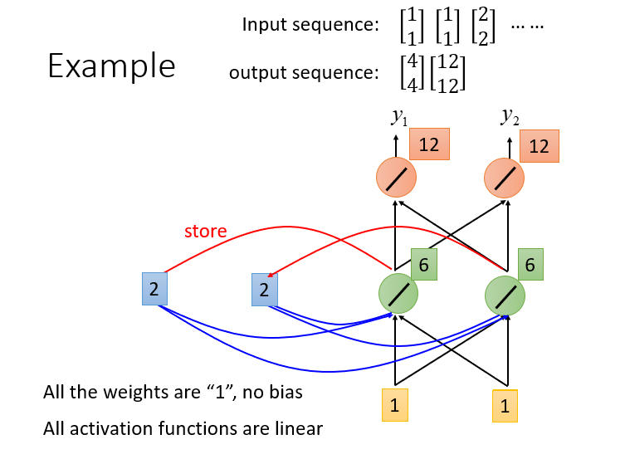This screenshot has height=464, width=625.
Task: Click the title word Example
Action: [x=111, y=66]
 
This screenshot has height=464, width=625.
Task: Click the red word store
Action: [x=205, y=232]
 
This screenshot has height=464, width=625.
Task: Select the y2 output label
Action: [x=510, y=116]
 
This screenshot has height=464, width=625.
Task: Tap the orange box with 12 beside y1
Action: [x=429, y=144]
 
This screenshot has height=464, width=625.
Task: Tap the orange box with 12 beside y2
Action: [x=540, y=146]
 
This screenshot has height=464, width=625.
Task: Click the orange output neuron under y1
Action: [x=396, y=178]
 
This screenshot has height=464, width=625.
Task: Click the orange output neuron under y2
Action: [x=504, y=178]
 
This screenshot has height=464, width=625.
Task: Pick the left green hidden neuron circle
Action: [x=398, y=294]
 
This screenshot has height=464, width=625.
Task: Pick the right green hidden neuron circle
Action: [x=505, y=295]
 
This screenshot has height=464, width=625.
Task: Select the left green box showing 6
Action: [x=423, y=264]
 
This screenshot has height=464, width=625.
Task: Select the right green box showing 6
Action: [x=530, y=264]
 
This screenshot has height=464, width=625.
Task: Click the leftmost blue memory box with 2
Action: [x=154, y=289]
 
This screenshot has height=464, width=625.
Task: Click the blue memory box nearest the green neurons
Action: [x=264, y=290]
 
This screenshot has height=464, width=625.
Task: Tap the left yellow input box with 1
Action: [x=395, y=405]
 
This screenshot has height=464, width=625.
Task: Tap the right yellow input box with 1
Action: [x=505, y=406]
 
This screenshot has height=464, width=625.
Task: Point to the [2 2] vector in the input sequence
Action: [x=483, y=26]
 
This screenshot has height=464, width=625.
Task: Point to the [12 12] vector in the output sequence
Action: [x=447, y=74]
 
